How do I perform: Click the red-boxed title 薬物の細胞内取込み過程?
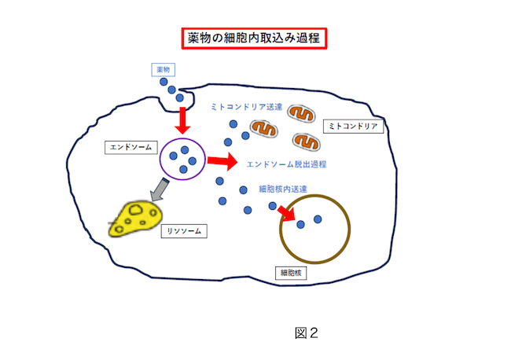click(255, 38)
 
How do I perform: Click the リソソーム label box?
click(181, 231)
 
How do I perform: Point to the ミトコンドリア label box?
click(353, 127)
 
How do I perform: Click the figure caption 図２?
click(306, 333)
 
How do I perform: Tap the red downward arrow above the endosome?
click(182, 120)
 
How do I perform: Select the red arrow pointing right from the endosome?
click(222, 162)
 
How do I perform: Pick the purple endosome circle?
click(182, 159)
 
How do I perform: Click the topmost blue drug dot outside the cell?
click(164, 82)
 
